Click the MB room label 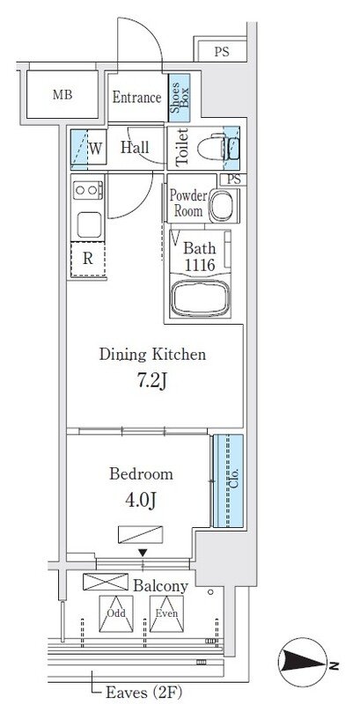(62, 95)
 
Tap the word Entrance (136, 97)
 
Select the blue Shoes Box (179, 98)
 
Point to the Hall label (135, 148)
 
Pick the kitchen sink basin (88, 224)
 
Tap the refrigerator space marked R (88, 259)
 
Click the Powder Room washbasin (221, 205)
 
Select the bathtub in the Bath (200, 298)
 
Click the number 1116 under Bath (200, 265)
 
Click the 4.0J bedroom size (141, 499)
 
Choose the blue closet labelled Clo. (229, 480)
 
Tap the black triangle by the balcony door (143, 553)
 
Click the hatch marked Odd (116, 613)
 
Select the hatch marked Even (166, 613)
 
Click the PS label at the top (221, 52)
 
